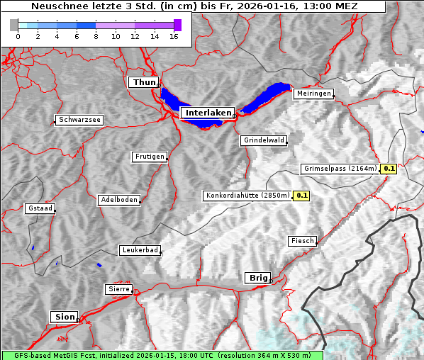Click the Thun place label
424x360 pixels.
[x=144, y=83]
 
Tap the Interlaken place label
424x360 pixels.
[x=207, y=113]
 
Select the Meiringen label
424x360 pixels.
[x=313, y=94]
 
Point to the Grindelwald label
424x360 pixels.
[x=264, y=140]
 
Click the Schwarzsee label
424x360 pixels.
[x=79, y=120]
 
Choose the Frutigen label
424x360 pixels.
[x=150, y=157]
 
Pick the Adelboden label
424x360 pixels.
[x=118, y=200]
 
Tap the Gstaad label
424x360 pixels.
[x=40, y=208]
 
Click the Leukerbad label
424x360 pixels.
[x=140, y=250]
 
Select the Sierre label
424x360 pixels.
[x=119, y=289]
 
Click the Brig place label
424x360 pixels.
[x=257, y=278]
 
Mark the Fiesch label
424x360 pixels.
[x=302, y=241]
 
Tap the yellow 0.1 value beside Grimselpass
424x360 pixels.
[x=389, y=169]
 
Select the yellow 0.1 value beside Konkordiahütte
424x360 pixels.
[x=302, y=195]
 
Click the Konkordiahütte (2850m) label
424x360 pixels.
[x=247, y=195]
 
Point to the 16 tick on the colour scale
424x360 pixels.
[x=174, y=36]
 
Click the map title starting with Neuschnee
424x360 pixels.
[x=194, y=6]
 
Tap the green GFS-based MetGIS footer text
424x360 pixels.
[x=162, y=355]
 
